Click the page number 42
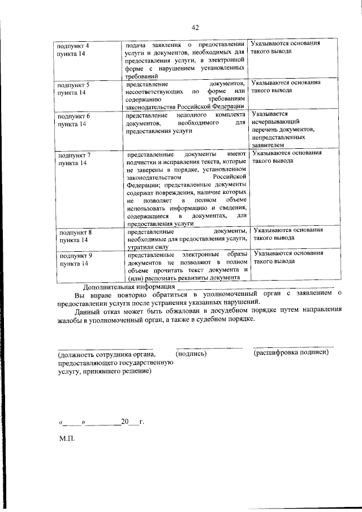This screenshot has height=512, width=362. click(x=196, y=27)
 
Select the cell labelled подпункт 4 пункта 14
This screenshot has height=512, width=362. click(x=71, y=48)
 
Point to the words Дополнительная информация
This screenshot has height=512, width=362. click(x=129, y=287)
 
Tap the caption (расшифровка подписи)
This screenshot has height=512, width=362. click(x=291, y=352)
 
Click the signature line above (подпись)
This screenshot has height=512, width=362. click(x=209, y=346)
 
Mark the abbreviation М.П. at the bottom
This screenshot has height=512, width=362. click(x=66, y=438)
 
